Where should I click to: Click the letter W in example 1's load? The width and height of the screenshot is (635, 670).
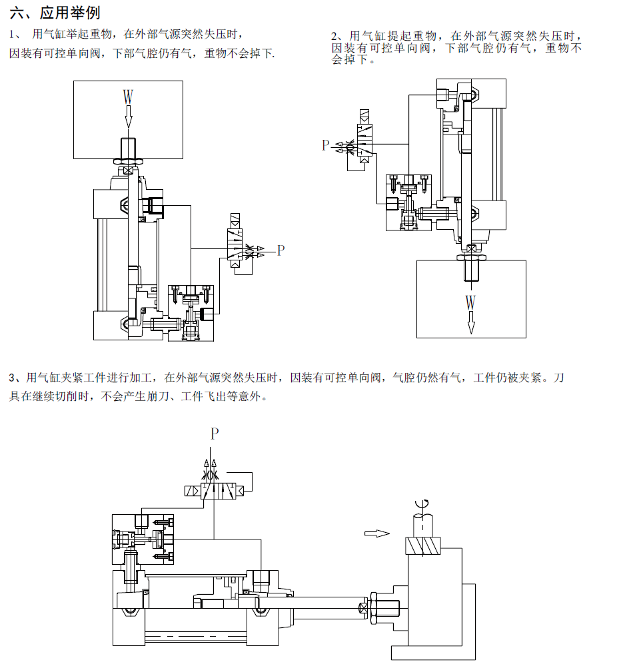[129, 97]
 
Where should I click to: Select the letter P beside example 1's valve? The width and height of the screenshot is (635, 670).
[281, 250]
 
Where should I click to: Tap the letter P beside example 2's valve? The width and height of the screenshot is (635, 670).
[325, 145]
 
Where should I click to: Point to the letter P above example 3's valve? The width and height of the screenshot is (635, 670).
[215, 434]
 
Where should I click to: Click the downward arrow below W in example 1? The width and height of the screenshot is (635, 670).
[129, 118]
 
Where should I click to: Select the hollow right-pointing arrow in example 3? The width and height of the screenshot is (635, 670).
[377, 533]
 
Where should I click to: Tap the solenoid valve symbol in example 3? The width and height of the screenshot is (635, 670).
[214, 491]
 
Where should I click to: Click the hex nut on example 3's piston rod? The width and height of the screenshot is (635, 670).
[374, 607]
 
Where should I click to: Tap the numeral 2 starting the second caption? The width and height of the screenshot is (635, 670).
[334, 36]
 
